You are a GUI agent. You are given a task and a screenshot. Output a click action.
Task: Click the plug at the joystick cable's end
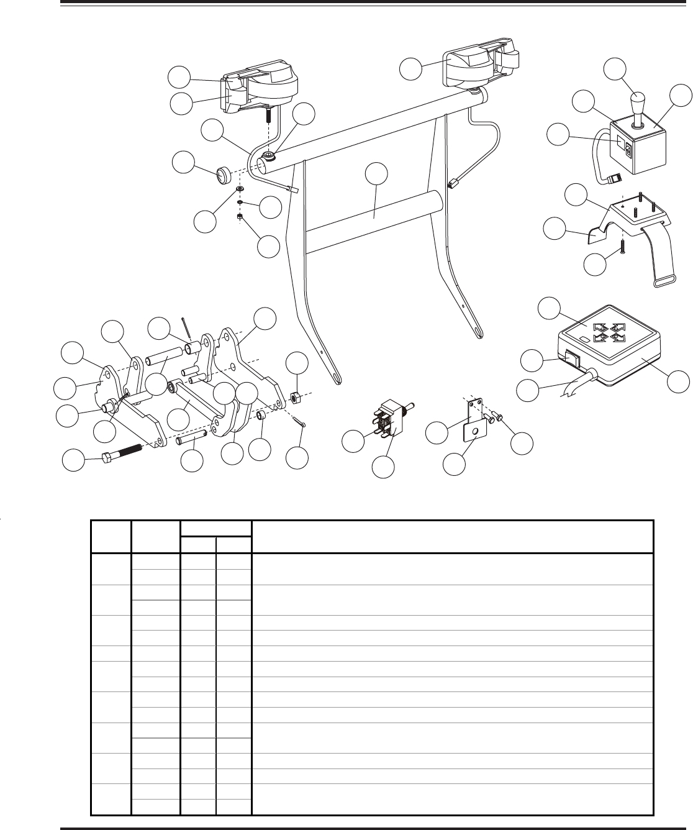(614, 179)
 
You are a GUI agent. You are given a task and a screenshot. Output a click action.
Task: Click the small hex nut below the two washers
(240, 216)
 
